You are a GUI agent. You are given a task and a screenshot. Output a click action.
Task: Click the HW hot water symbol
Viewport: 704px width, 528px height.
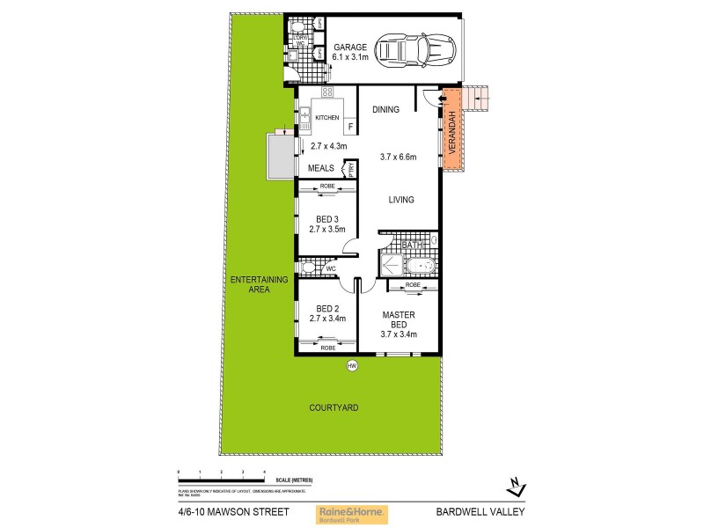[x=352, y=366]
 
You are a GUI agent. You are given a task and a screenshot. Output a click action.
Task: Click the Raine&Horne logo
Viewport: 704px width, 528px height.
[x=352, y=514]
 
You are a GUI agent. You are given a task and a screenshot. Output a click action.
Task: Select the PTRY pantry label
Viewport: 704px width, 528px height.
[x=350, y=170]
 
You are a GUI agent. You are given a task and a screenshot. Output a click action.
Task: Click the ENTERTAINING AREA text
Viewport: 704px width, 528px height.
[x=260, y=283]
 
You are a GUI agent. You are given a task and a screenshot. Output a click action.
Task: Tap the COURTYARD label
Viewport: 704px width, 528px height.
[x=328, y=407]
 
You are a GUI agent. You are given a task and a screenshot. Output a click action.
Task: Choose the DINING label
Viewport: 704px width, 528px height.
[x=385, y=110]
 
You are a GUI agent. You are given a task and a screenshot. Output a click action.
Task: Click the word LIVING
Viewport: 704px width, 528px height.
[x=401, y=200]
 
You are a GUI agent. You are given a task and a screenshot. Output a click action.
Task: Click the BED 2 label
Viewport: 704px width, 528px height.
[x=327, y=308]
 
